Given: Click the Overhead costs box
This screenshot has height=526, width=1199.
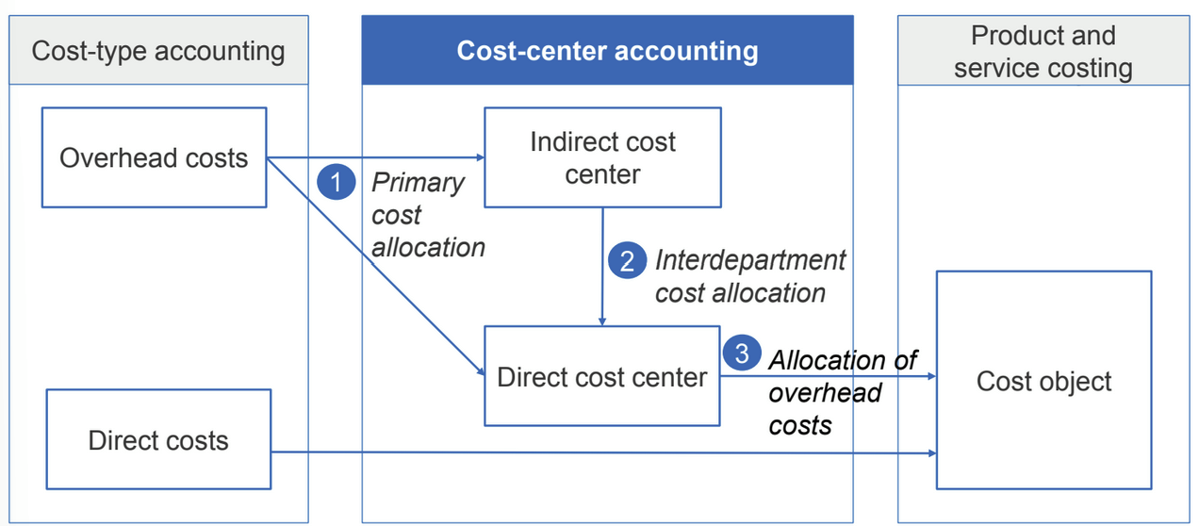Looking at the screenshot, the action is coord(155,157).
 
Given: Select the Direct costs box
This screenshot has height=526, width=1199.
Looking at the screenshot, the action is coord(158,439).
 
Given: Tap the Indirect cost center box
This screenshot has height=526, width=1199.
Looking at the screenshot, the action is coord(602,157).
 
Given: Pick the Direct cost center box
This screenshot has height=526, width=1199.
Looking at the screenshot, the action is coord(602,376).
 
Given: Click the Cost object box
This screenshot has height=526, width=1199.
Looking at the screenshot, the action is coord(1043,380).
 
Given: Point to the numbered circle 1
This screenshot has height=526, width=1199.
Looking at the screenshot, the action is coord(337,182).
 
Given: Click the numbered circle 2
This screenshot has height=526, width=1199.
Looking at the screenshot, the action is coord(628,260).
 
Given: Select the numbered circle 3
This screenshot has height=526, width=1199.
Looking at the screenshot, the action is coord(742,353).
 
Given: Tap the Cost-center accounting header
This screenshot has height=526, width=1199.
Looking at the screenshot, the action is coord(608,50).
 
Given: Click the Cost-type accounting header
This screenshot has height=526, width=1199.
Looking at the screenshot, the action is coord(158,50).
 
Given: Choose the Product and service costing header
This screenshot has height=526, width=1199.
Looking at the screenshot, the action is coord(1043,50).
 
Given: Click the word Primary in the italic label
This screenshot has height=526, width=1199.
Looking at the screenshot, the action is coord(418,183).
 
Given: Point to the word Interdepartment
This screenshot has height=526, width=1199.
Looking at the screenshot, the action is coord(750,260).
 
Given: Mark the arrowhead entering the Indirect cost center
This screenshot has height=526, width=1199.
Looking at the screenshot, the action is coord(480,157).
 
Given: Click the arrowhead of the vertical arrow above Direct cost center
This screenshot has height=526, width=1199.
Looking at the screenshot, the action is coord(602,321).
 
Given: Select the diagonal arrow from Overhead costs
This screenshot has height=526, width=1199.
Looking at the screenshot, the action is coord(376,266).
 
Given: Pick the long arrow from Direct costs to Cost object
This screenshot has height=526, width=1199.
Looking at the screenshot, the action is coord(604,452).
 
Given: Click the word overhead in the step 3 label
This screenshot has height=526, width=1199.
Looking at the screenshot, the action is coord(825,393).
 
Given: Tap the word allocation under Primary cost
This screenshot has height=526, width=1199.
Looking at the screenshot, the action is coord(428,248).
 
